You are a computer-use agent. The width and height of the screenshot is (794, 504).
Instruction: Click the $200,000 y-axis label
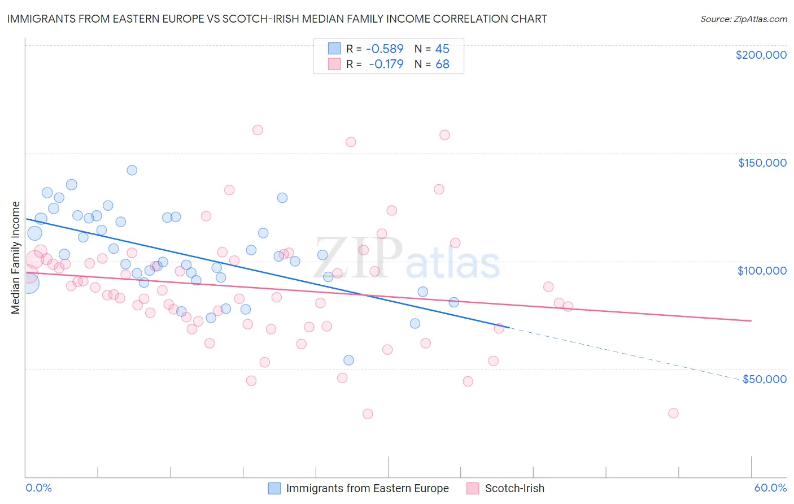coord(761,55)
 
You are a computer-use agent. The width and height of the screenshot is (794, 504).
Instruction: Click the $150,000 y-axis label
coord(762,163)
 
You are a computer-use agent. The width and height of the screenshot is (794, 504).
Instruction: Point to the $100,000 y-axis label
coord(762,271)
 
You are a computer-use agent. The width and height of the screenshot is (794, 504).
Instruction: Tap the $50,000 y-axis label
coord(764,379)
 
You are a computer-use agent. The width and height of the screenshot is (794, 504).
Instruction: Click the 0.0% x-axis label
coord(38,488)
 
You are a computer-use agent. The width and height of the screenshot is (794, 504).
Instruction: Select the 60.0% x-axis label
coord(770,488)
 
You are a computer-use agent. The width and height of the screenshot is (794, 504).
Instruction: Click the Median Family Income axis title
coord(15,258)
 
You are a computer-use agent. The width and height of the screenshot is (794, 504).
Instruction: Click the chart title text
coord(277,19)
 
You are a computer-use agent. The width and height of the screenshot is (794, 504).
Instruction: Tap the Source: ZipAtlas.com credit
coord(743,19)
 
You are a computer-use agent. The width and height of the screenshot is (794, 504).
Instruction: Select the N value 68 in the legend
coord(442,64)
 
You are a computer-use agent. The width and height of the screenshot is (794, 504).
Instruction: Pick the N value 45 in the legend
coord(442,49)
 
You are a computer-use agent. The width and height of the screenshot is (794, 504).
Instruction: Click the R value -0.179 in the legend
coord(386,64)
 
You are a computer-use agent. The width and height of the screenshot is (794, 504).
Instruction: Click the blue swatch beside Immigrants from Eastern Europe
coord(274,488)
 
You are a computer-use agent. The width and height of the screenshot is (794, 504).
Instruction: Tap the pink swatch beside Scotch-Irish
coord(473,488)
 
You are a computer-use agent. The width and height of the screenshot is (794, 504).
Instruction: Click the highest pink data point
coord(258,130)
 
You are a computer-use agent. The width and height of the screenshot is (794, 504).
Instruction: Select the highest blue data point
coord(132,170)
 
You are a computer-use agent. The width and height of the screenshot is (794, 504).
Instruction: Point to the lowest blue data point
coord(348,360)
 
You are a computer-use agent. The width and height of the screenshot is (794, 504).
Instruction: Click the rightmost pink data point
coord(673,413)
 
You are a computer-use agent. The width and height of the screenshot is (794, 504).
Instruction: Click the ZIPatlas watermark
coord(407,258)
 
